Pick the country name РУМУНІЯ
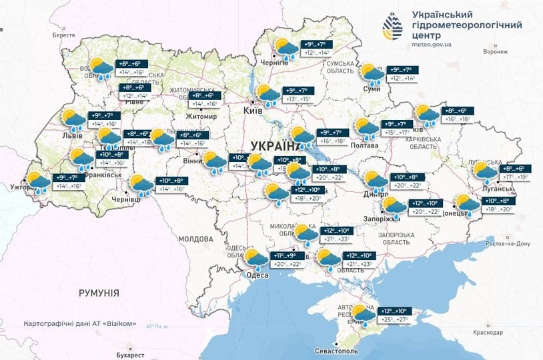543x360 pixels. pos(99,293)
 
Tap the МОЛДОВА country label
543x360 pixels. pos(195,238)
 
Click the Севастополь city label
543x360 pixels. pos(337,350)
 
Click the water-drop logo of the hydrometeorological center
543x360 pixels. pos(393,27)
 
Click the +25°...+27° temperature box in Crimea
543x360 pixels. pos(394,321)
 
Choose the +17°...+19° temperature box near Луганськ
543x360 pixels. pos(514,177)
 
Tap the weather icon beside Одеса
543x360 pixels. pos(255,258)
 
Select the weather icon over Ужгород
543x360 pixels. pos(37,181)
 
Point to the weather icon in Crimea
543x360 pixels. pos(364,314)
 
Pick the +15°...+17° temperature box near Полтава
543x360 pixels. pos(398,133)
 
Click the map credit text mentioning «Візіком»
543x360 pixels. pos(79,324)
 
